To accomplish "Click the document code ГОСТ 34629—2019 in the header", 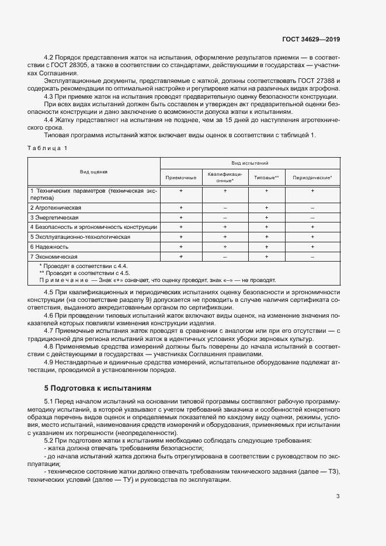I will [310, 39].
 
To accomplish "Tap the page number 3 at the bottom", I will [338, 496].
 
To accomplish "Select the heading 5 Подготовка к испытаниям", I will [98, 388].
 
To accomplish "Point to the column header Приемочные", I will [181, 177].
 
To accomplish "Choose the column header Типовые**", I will [266, 177].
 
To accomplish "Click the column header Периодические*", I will [312, 177].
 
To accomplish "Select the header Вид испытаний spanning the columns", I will [250, 164].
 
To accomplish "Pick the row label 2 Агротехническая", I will [56, 207].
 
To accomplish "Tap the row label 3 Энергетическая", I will [54, 217].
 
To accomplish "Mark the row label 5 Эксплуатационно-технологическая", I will [80, 237].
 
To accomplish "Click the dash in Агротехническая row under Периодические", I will [312, 208].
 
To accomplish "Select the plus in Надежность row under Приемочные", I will [181, 247].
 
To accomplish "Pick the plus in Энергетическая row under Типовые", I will [266, 217].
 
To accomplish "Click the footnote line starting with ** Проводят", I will [84, 273].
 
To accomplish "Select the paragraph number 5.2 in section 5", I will [49, 440].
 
